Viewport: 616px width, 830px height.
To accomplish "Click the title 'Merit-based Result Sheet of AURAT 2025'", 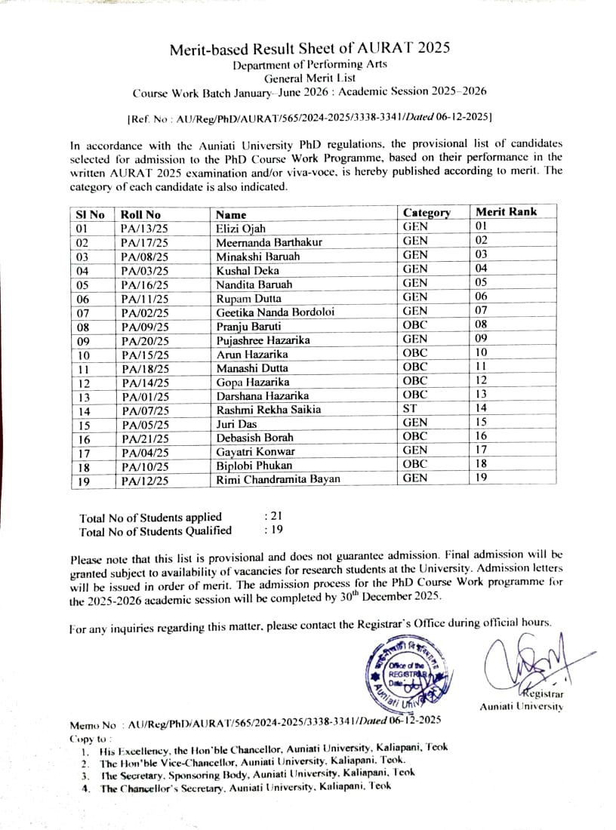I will click(x=310, y=49).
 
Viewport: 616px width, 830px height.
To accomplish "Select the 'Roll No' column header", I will click(x=140, y=215).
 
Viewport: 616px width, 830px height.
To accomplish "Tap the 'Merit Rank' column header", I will click(x=506, y=212).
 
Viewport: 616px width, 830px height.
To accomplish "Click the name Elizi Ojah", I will click(x=241, y=229).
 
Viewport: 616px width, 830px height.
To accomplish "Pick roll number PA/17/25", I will click(x=144, y=243).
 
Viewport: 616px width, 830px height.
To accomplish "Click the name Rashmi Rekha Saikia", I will click(x=268, y=410).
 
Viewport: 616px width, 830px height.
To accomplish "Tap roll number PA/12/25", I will click(x=144, y=480).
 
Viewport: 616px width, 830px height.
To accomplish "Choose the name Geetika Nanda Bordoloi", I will click(x=275, y=312).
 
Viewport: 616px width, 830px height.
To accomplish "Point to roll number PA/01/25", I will click(x=144, y=396).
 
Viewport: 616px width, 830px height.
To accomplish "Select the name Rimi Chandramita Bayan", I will click(x=278, y=480).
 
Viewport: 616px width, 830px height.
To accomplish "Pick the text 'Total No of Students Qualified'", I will click(x=156, y=531).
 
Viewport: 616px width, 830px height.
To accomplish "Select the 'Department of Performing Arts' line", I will click(x=310, y=66).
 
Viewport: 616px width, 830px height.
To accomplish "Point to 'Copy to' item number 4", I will click(x=245, y=787).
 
